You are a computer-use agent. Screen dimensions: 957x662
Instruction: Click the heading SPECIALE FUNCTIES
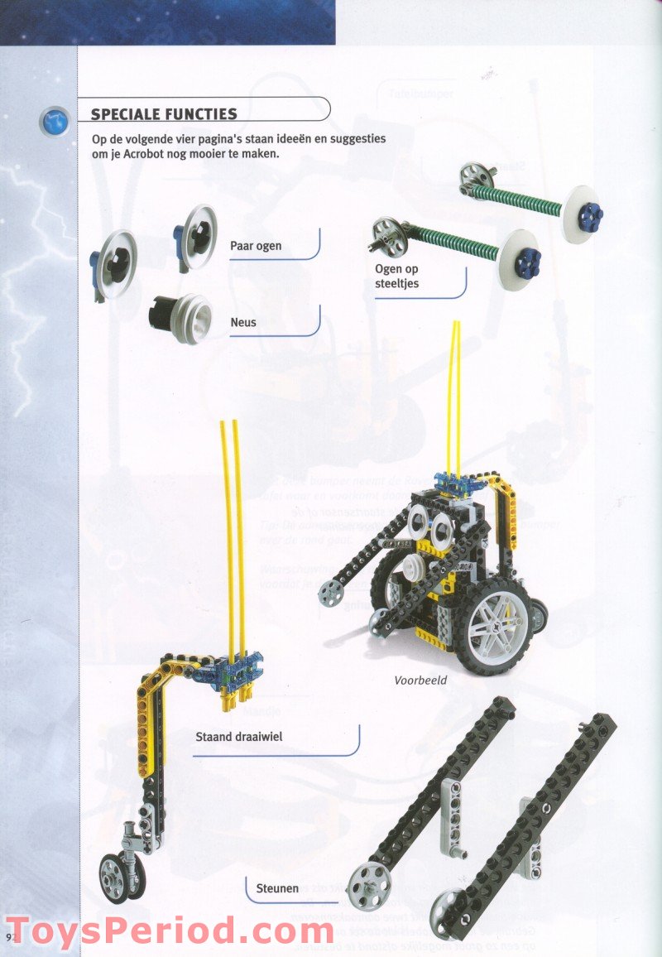tap(164, 114)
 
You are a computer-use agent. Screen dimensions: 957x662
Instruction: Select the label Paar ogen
tap(256, 246)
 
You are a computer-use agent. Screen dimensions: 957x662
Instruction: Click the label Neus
tap(242, 322)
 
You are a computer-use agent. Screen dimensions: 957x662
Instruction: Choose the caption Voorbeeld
tap(420, 680)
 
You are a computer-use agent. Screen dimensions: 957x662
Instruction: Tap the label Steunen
tap(276, 888)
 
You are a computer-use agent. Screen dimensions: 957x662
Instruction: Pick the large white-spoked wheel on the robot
tap(496, 625)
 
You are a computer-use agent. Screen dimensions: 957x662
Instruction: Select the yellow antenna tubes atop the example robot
tap(456, 397)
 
